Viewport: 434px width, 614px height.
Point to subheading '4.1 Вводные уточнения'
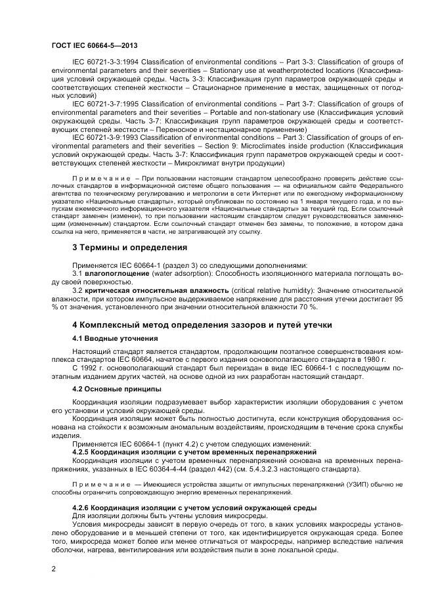(115, 338)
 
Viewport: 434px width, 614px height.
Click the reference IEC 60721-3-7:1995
(106, 104)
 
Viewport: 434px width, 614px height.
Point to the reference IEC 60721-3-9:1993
(106, 137)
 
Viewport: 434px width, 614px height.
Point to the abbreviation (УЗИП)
(355, 485)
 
